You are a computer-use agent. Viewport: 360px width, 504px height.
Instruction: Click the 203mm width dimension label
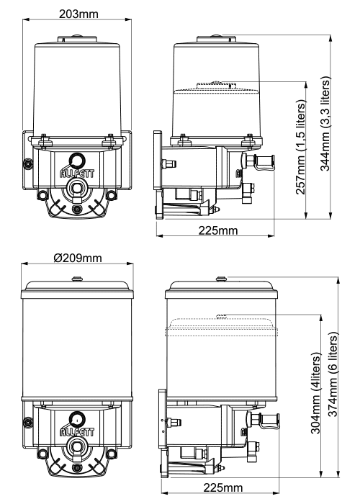[78, 14]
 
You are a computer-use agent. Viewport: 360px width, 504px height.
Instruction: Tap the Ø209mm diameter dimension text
[78, 258]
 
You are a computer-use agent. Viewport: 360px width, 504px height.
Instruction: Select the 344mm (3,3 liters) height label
[325, 124]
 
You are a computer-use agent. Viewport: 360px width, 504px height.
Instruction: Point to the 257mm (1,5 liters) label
[300, 148]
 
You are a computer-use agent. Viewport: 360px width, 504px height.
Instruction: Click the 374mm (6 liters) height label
[333, 375]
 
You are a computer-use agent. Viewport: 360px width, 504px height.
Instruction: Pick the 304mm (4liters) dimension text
[316, 393]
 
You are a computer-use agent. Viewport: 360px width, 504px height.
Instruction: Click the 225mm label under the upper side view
[218, 230]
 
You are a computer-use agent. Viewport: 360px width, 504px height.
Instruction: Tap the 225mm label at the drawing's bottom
[223, 487]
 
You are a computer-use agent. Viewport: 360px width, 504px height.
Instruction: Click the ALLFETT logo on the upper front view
[78, 174]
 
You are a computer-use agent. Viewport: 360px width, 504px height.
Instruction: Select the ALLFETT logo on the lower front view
[78, 432]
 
